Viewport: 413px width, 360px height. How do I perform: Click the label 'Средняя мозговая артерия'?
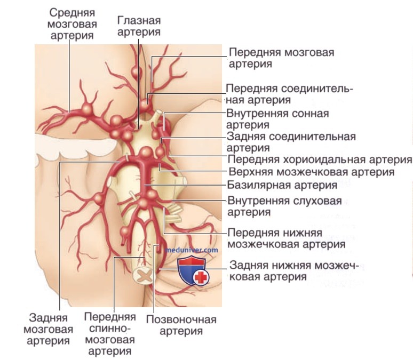pyautogui.click(x=72, y=24)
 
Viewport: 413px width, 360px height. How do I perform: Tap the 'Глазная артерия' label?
pyautogui.click(x=139, y=26)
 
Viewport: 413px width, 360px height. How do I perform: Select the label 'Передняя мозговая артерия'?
pyautogui.click(x=281, y=58)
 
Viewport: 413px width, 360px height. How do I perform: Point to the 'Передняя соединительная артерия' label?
pyautogui.click(x=289, y=94)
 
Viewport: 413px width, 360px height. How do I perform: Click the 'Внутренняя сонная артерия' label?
pyautogui.click(x=277, y=119)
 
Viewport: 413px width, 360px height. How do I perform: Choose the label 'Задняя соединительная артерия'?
pyautogui.click(x=291, y=142)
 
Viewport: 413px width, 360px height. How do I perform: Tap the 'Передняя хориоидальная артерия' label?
pyautogui.click(x=320, y=159)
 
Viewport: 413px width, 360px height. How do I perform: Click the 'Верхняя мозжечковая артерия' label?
pyautogui.click(x=312, y=172)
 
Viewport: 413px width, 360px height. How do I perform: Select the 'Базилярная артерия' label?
pyautogui.click(x=282, y=185)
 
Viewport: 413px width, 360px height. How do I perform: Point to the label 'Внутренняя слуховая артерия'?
pyautogui.click(x=284, y=206)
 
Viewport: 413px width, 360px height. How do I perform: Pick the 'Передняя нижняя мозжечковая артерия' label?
pyautogui.click(x=287, y=238)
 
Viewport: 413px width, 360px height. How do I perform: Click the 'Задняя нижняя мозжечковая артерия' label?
pyautogui.click(x=294, y=271)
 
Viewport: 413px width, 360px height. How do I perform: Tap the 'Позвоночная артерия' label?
pyautogui.click(x=181, y=325)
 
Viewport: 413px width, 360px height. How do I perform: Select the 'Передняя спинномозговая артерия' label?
pyautogui.click(x=110, y=334)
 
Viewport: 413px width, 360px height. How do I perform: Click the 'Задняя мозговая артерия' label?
pyautogui.click(x=48, y=329)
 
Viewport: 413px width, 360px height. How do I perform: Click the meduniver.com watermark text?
pyautogui.click(x=192, y=250)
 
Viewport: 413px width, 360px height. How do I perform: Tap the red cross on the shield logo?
pyautogui.click(x=201, y=277)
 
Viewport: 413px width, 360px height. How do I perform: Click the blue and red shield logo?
pyautogui.click(x=194, y=271)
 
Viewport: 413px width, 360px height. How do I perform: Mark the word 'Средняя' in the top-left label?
pyautogui.click(x=72, y=13)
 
